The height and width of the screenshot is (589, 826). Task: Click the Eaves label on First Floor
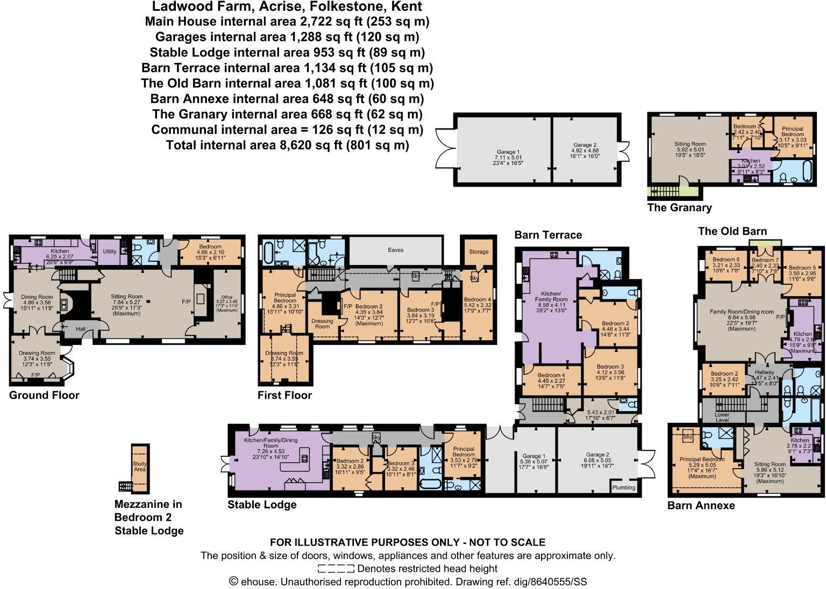click(x=395, y=250)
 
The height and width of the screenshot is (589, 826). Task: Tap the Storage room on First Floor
click(x=479, y=251)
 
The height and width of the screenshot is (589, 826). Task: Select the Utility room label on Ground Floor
click(x=110, y=252)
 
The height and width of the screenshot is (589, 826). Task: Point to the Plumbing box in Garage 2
click(x=624, y=487)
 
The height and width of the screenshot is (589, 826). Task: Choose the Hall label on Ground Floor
click(x=80, y=328)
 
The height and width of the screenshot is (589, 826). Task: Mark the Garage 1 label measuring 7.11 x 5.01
click(x=504, y=152)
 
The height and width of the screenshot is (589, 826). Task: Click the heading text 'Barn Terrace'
click(x=548, y=235)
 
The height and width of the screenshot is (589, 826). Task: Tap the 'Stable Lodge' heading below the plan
click(x=262, y=505)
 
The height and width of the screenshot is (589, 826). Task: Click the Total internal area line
click(x=287, y=145)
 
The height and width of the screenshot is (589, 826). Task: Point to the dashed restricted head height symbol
click(x=336, y=569)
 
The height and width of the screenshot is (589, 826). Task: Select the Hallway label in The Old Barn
click(x=764, y=372)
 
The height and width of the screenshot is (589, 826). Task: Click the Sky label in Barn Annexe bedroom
click(x=687, y=437)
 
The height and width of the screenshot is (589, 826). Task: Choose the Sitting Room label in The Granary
click(x=690, y=144)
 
